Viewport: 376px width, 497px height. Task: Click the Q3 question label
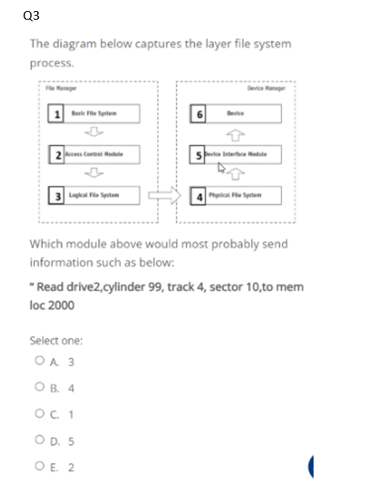(x=32, y=16)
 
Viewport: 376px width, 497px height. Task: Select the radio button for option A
(x=39, y=364)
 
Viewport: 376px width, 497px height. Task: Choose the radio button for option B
(x=39, y=389)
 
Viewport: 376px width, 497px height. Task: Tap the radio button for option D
(x=39, y=440)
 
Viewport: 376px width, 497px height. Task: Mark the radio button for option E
(x=39, y=466)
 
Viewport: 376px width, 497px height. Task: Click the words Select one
(x=56, y=341)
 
